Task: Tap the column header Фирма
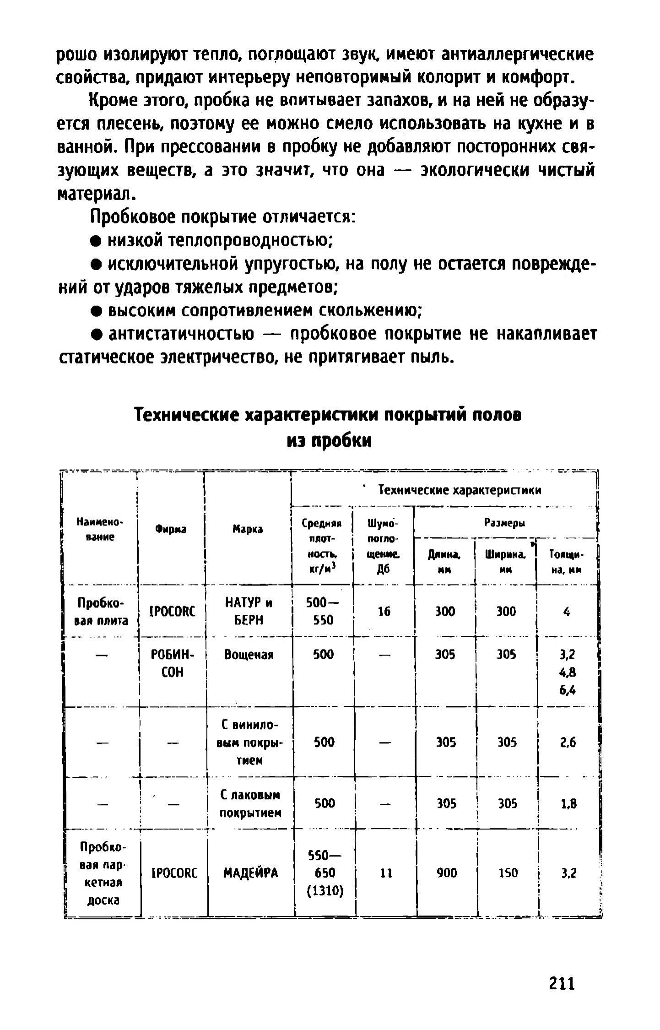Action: pyautogui.click(x=171, y=529)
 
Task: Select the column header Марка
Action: pyautogui.click(x=248, y=529)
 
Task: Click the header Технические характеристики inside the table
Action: pyautogui.click(x=460, y=490)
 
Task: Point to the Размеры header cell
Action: pyautogui.click(x=505, y=523)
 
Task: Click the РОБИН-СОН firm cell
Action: pyautogui.click(x=173, y=663)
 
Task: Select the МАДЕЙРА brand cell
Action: pyautogui.click(x=251, y=873)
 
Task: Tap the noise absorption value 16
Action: pyautogui.click(x=384, y=611)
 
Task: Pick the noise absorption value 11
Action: pyautogui.click(x=386, y=873)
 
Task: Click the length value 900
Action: pyautogui.click(x=446, y=873)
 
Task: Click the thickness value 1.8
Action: pyautogui.click(x=568, y=803)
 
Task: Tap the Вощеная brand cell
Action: pyautogui.click(x=249, y=655)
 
